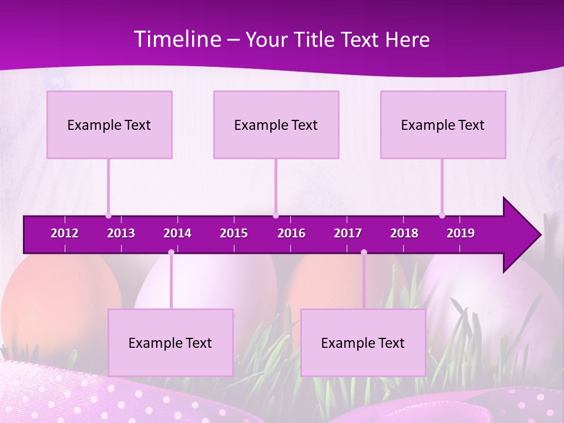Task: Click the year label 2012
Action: click(65, 233)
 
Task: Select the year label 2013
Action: click(121, 233)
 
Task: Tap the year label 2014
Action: click(177, 233)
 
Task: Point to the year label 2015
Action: click(234, 233)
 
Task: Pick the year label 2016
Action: click(291, 233)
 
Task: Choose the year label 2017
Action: click(348, 233)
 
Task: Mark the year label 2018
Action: click(404, 233)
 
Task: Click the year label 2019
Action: click(461, 233)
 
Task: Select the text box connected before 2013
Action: click(109, 125)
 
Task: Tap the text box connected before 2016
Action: click(276, 125)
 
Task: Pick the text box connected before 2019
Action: click(443, 125)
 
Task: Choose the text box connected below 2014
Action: click(170, 343)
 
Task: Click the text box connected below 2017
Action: click(363, 343)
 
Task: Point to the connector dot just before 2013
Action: click(108, 216)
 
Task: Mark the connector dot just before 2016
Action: click(276, 216)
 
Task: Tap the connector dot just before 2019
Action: click(442, 216)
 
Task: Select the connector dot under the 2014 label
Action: click(171, 253)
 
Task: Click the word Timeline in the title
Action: click(176, 39)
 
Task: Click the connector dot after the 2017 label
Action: click(364, 253)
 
